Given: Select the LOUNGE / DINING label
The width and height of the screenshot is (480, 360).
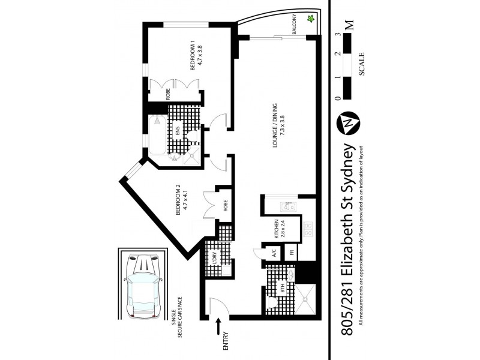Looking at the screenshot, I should (x=275, y=127).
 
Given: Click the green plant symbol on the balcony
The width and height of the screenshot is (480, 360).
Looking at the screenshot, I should (x=311, y=19).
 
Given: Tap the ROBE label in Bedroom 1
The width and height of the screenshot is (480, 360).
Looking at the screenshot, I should (x=158, y=95).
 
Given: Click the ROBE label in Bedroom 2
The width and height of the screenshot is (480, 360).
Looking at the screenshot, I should (x=225, y=206).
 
